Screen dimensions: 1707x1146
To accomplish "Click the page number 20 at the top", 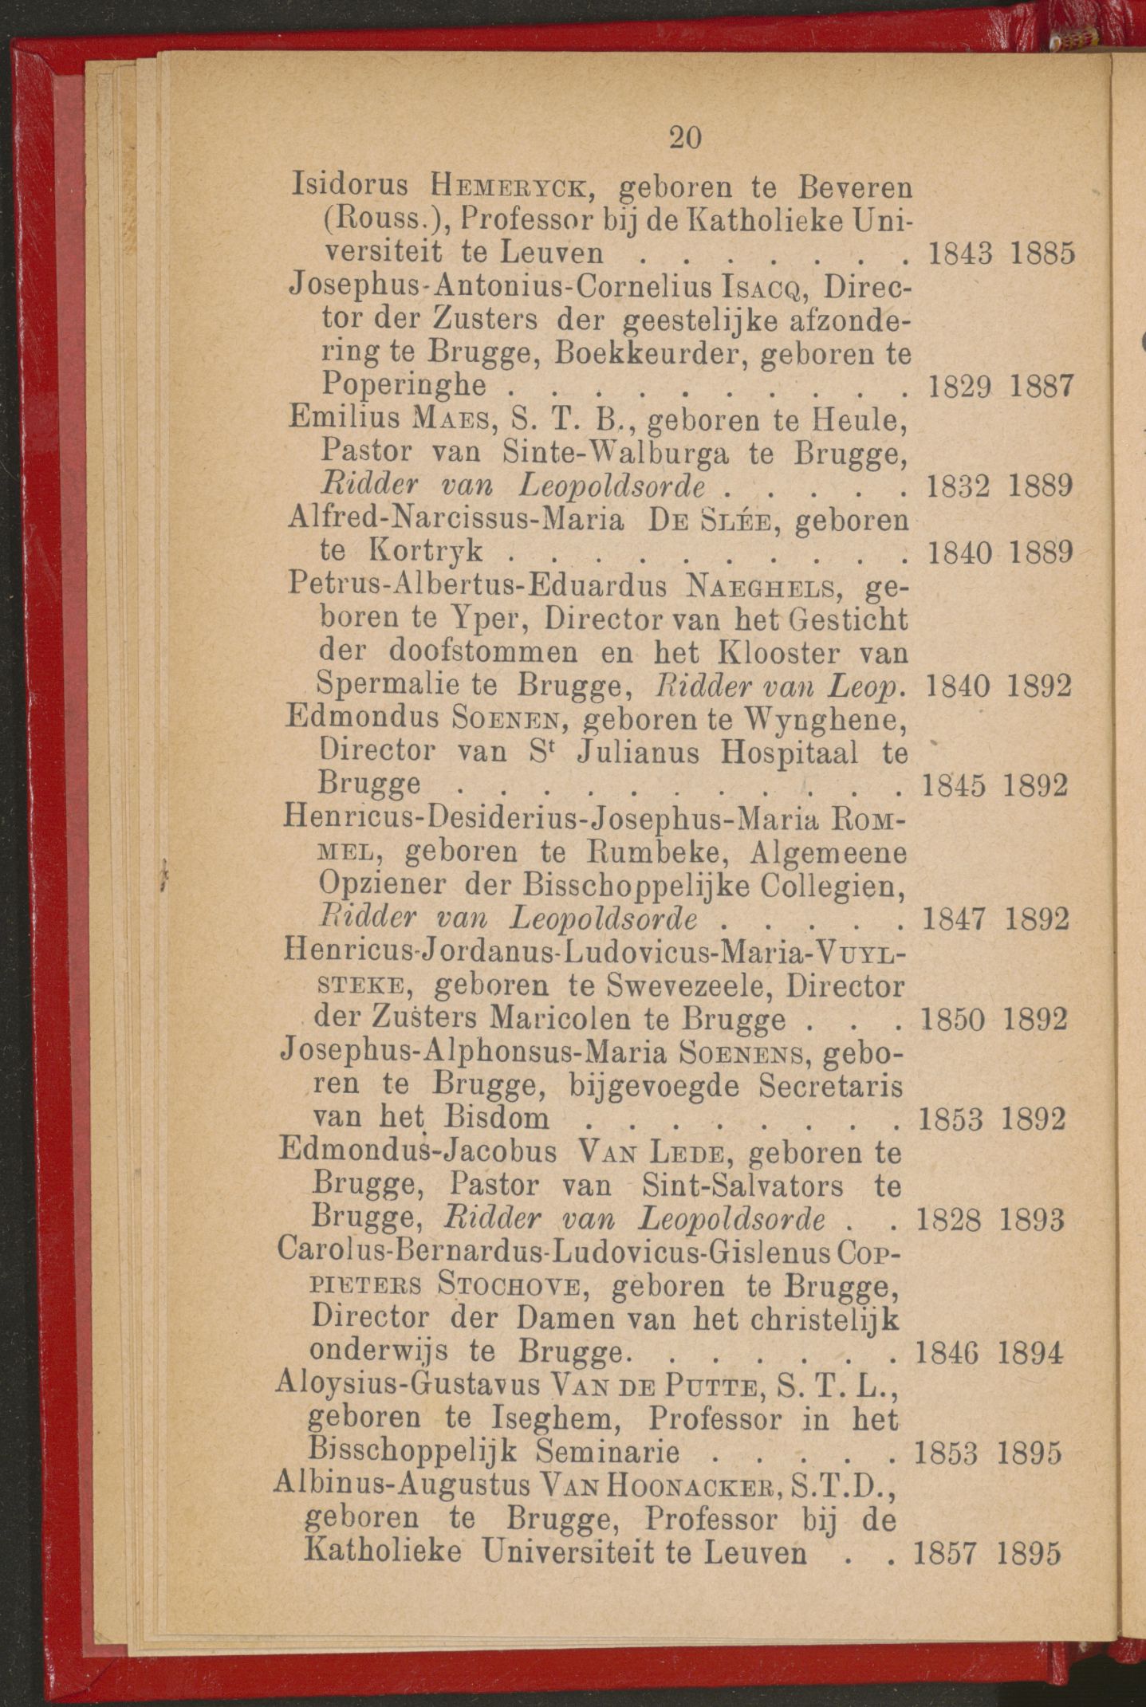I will (685, 138).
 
